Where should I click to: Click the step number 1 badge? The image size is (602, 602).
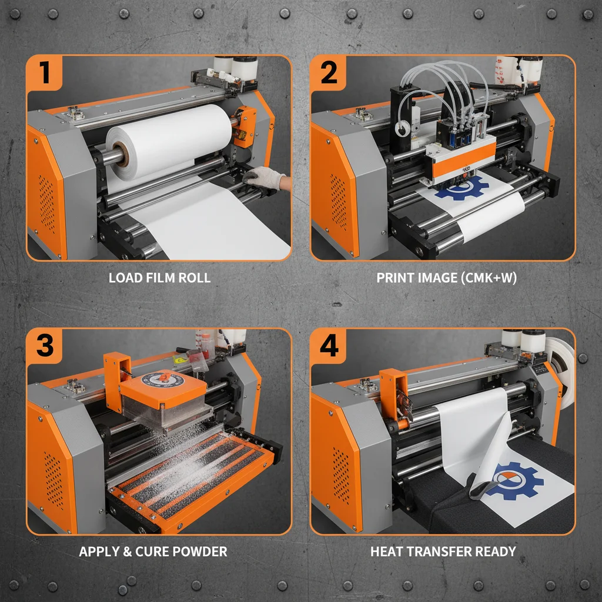click(45, 73)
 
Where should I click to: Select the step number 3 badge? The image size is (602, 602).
click(45, 346)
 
